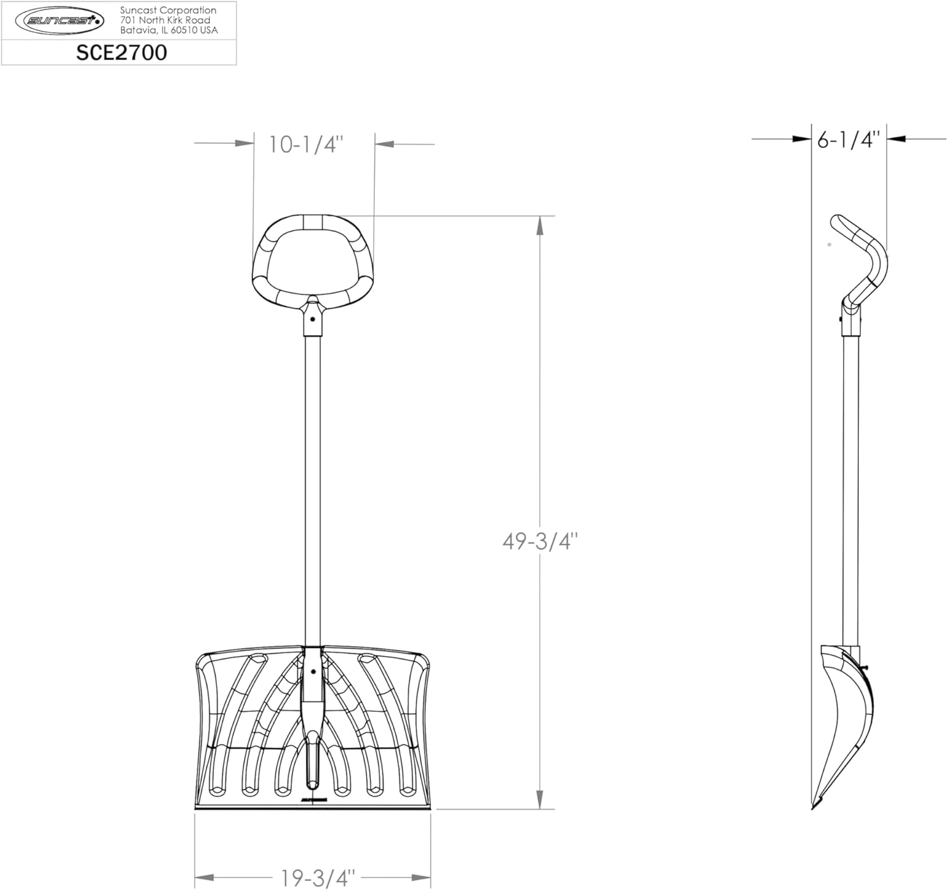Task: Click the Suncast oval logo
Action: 59,20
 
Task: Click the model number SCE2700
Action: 122,52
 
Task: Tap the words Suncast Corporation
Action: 168,10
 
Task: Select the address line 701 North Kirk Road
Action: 165,20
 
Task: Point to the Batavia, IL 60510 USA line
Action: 169,30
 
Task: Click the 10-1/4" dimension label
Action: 306,144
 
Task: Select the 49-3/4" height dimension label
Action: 540,542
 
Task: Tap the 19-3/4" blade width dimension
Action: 318,877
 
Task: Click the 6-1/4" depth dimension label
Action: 849,140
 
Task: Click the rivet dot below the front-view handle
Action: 313,319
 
